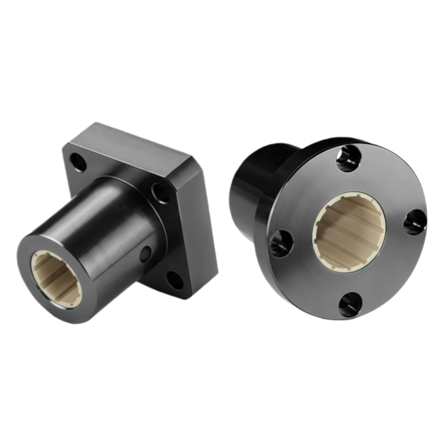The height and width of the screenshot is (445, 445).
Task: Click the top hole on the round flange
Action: click(x=347, y=159)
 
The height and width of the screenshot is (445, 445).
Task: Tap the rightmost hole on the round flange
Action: click(x=415, y=220)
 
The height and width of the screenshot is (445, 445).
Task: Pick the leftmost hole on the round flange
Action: click(x=280, y=242)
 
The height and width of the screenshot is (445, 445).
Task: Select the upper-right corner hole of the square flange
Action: click(x=159, y=192)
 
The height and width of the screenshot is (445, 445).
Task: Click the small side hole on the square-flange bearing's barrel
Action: click(x=144, y=252)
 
